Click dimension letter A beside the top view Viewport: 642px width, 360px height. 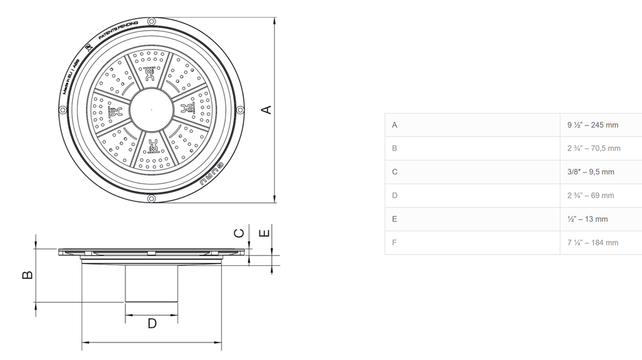tap(266, 109)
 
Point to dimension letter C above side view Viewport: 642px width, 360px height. tap(239, 233)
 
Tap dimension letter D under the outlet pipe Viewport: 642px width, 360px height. tap(152, 324)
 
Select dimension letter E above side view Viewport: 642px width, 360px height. tap(265, 233)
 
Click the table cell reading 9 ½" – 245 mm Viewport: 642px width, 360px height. tap(592, 125)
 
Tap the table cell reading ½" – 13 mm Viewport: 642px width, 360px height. tap(587, 219)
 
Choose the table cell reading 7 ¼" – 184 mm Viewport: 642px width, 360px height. tap(592, 243)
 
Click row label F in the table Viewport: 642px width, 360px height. tap(394, 243)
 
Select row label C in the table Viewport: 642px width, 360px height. tap(394, 172)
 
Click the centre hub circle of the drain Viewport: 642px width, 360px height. tap(151, 109)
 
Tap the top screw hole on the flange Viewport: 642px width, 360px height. tap(151, 21)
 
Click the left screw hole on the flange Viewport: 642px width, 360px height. tap(62, 110)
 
